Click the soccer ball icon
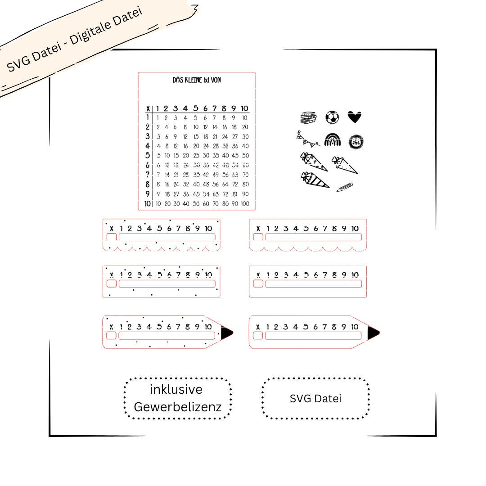click(332, 117)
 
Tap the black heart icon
click(355, 117)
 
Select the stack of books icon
click(309, 118)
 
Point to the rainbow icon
click(333, 140)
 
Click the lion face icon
click(356, 142)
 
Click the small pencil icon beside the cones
click(345, 187)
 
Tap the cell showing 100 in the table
click(245, 204)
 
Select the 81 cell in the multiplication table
click(235, 194)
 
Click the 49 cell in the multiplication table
click(216, 175)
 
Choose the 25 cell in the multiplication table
click(196, 156)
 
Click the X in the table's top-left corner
click(148, 109)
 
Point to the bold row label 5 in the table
click(148, 155)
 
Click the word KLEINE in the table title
click(193, 80)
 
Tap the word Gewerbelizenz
click(178, 407)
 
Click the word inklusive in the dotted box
click(176, 389)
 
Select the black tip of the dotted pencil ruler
click(226, 333)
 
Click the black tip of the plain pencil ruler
click(373, 333)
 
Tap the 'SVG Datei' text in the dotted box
click(315, 399)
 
